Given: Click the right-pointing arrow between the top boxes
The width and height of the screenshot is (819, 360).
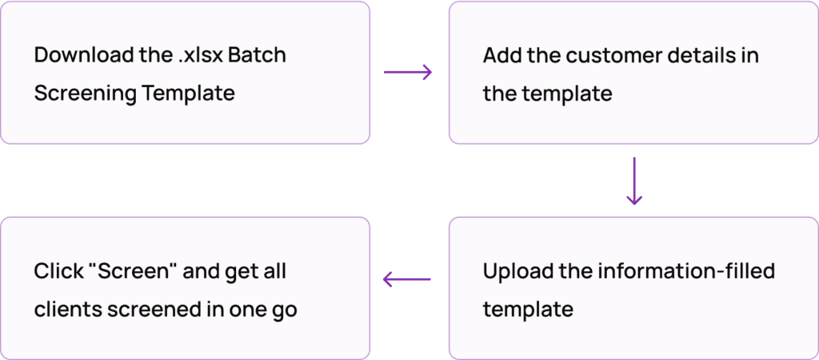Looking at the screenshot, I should click(408, 73).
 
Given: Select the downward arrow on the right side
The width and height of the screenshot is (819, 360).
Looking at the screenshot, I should click(634, 181).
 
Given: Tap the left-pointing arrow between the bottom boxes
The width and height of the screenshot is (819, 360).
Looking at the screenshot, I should click(407, 279).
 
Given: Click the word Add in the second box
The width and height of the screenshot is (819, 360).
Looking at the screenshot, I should click(501, 57).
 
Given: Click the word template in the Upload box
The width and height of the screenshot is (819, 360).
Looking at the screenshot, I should click(528, 309).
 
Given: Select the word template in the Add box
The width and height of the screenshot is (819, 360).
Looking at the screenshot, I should click(567, 94).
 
